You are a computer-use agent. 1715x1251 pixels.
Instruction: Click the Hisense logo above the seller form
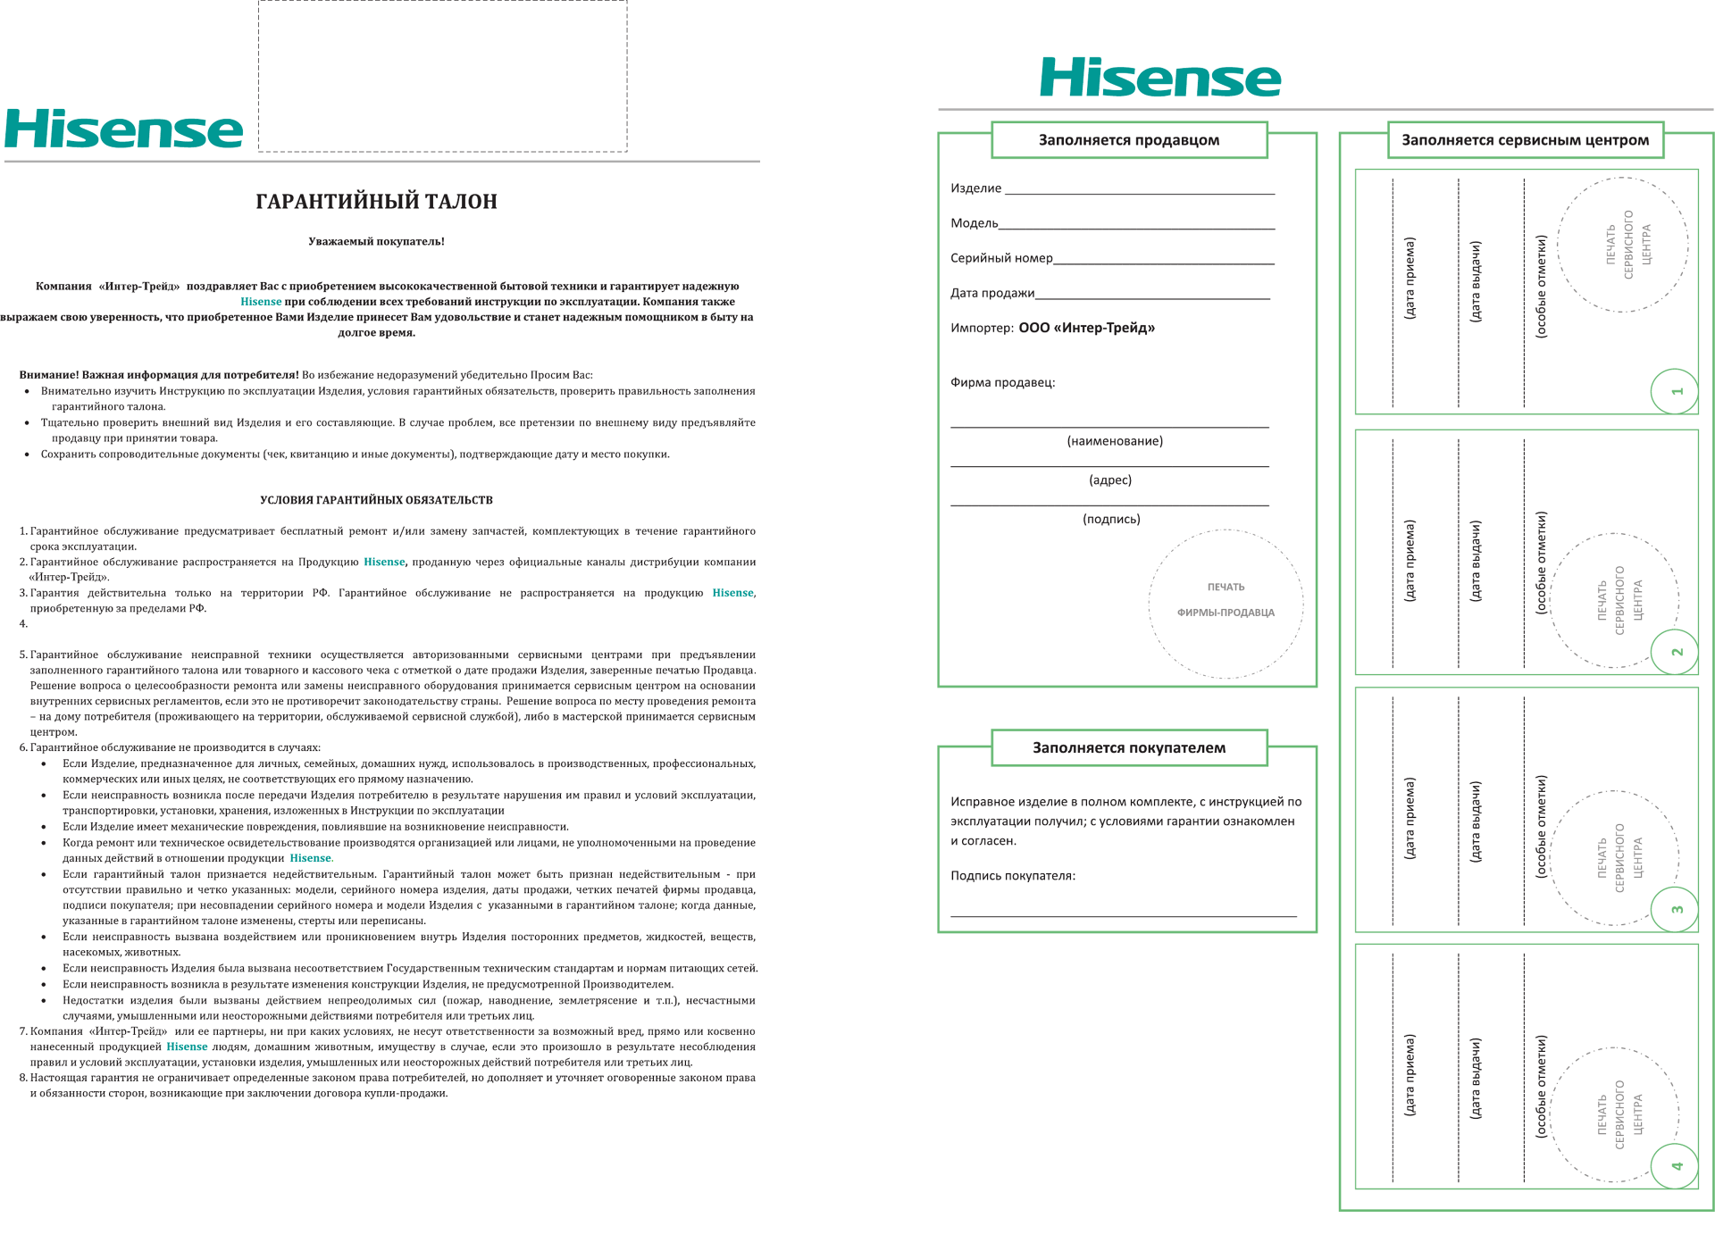click(1159, 78)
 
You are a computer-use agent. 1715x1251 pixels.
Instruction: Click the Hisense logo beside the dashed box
click(123, 129)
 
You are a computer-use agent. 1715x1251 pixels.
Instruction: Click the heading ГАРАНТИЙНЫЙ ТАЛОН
click(376, 202)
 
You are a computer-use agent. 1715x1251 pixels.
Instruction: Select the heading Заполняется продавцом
click(1128, 140)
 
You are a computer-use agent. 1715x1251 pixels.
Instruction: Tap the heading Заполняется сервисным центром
click(1525, 140)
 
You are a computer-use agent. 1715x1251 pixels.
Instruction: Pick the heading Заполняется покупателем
click(1128, 748)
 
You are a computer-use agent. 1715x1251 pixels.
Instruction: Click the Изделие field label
click(975, 188)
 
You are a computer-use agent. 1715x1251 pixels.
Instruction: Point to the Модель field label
click(974, 223)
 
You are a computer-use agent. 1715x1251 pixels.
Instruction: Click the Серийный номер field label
click(1001, 258)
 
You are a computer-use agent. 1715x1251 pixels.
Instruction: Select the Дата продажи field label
click(991, 293)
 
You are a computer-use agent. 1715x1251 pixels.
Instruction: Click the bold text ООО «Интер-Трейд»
click(1086, 328)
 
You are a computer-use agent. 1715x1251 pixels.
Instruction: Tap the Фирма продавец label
click(1002, 382)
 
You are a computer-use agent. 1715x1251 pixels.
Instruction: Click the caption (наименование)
click(1114, 441)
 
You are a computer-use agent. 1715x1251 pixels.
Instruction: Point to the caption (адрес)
click(1110, 480)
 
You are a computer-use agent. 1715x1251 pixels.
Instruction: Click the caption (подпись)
click(1111, 519)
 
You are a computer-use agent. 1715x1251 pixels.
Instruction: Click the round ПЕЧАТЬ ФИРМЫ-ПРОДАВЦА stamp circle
click(1226, 604)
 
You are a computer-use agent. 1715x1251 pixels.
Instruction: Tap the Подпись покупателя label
click(1012, 876)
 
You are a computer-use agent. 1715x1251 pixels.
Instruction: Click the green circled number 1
click(1675, 391)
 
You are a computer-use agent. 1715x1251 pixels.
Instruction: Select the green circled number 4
click(1675, 1165)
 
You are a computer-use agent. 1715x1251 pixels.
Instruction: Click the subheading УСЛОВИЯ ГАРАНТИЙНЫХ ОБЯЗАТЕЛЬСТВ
click(376, 500)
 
